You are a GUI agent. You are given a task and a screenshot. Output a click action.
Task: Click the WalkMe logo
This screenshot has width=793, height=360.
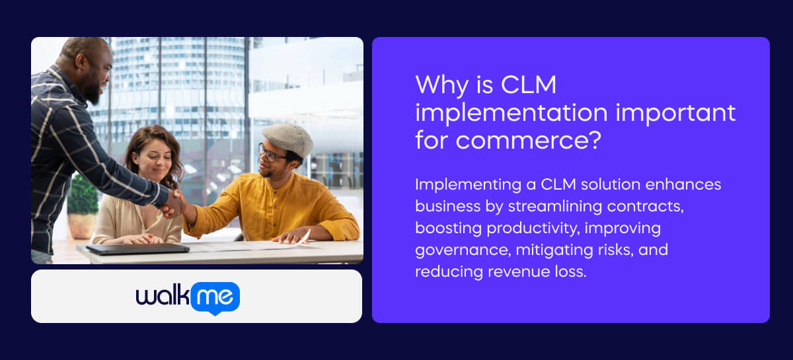click(x=188, y=298)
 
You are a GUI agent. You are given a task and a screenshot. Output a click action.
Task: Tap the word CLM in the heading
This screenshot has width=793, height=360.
click(x=528, y=85)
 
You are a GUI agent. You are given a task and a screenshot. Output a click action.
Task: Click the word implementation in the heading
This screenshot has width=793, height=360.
click(x=511, y=113)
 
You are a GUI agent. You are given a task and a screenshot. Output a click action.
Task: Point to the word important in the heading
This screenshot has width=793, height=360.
click(x=675, y=113)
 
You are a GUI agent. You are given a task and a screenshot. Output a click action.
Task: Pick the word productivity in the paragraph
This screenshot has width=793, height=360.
click(x=533, y=229)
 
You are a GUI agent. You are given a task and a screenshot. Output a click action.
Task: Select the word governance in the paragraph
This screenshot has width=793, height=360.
click(x=463, y=250)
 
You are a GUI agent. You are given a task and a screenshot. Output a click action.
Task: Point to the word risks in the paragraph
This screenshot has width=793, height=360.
click(x=616, y=250)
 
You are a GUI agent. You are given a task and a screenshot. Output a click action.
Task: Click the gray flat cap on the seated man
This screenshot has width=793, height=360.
click(x=288, y=139)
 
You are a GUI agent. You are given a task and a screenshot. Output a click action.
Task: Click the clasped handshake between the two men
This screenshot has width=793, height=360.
click(x=173, y=203)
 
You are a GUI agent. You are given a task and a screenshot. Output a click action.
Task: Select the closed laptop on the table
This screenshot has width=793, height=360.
click(x=137, y=248)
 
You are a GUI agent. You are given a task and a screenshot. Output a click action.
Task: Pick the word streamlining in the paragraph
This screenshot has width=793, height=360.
click(x=554, y=207)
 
